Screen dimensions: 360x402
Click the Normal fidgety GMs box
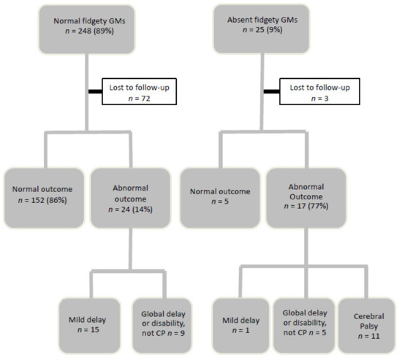88,28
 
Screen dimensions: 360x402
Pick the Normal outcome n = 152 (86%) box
45,197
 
